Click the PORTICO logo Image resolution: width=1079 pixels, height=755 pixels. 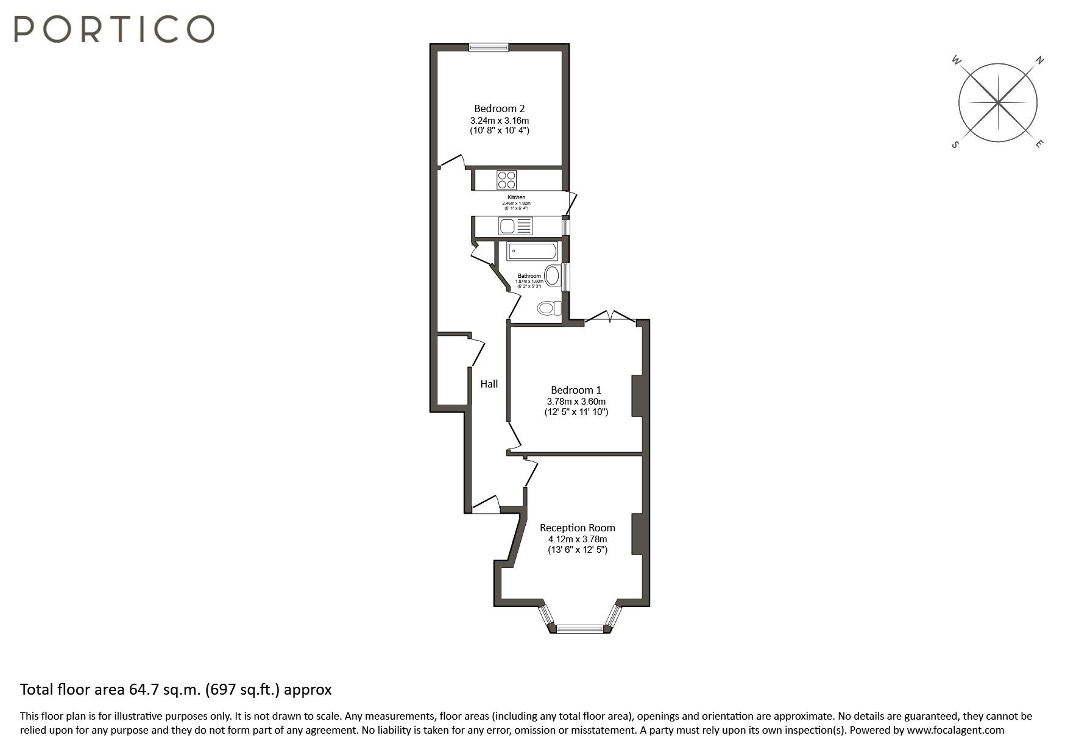point(114,29)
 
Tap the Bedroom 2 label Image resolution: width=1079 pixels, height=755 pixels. point(499,108)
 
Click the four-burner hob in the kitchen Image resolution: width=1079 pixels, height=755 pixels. point(507,180)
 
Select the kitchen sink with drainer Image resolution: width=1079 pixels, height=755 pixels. point(515,226)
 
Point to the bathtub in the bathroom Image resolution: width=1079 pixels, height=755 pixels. point(531,251)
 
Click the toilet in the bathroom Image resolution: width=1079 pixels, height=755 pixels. point(549,308)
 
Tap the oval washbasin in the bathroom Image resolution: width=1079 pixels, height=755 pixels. point(553,276)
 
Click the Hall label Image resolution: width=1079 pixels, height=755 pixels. point(489,384)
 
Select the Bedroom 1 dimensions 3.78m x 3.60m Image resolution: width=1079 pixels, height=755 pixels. point(576,402)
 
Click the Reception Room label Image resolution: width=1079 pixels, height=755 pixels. point(577,528)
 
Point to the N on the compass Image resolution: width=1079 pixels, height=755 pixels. point(1040,60)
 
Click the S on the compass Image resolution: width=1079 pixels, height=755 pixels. point(955,144)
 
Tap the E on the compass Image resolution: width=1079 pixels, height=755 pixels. point(1039,144)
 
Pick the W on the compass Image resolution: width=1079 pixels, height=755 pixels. point(956,60)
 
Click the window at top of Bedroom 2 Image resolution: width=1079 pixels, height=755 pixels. point(489,47)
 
